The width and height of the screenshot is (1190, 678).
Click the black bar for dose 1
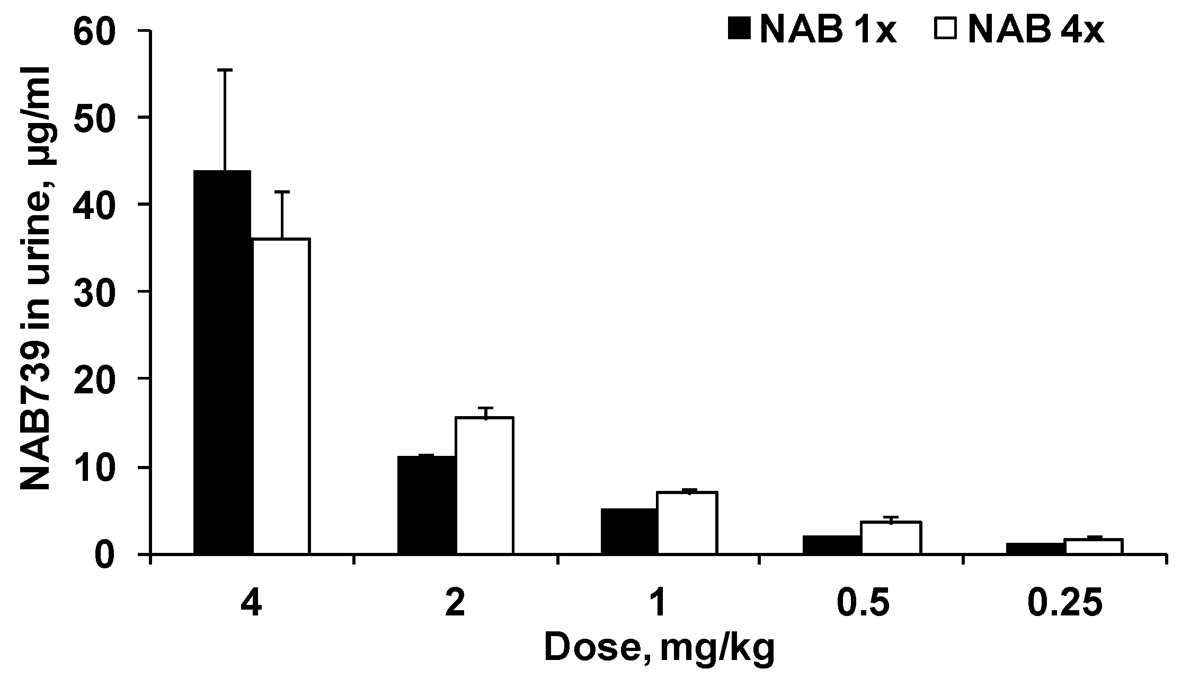[629, 531]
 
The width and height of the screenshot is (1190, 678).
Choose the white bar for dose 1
[688, 523]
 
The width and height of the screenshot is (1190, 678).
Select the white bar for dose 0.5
[891, 538]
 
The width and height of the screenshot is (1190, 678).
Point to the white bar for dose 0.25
[1094, 547]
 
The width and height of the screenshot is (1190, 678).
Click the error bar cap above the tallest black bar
[225, 70]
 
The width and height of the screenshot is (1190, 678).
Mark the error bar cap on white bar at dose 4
[282, 191]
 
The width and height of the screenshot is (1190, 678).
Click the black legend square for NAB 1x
[740, 29]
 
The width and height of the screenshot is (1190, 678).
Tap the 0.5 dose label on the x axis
[861, 605]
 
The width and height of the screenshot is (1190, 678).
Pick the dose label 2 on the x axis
[455, 605]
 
